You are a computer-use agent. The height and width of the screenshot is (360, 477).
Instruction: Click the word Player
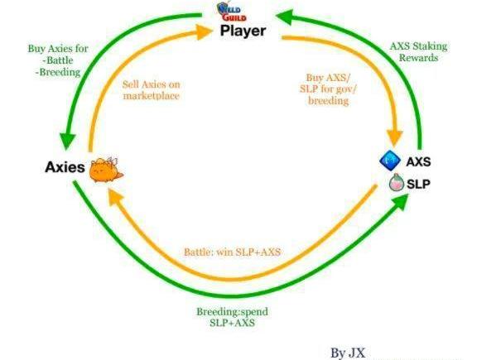[243, 31]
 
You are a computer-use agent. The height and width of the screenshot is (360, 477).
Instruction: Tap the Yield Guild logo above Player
[232, 12]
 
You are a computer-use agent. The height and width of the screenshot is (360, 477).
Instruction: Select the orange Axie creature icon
[106, 170]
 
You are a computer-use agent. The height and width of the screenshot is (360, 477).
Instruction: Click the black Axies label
[65, 167]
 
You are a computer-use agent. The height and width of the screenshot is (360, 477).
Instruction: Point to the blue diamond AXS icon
[390, 161]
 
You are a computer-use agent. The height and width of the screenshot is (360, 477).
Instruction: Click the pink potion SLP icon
[397, 182]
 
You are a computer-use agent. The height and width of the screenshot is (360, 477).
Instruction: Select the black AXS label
[418, 161]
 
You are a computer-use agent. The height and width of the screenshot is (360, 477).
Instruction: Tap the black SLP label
[418, 184]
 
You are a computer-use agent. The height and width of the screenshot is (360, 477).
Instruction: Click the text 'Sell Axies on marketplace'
[152, 90]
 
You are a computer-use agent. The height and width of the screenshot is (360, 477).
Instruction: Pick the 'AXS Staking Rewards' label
[418, 51]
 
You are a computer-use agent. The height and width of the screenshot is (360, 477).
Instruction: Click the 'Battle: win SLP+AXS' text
[232, 252]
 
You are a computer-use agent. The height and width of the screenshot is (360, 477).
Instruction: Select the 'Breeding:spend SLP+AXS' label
[232, 317]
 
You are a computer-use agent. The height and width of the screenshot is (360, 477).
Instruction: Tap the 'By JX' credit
[348, 353]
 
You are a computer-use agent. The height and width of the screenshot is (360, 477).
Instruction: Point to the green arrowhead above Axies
[67, 141]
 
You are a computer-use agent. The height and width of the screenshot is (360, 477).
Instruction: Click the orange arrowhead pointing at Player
[203, 32]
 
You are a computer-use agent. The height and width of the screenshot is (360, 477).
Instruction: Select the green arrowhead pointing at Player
[285, 17]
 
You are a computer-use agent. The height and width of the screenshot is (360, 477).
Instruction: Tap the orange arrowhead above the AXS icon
[394, 138]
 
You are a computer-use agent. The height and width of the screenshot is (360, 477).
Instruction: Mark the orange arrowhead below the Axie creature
[115, 196]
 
